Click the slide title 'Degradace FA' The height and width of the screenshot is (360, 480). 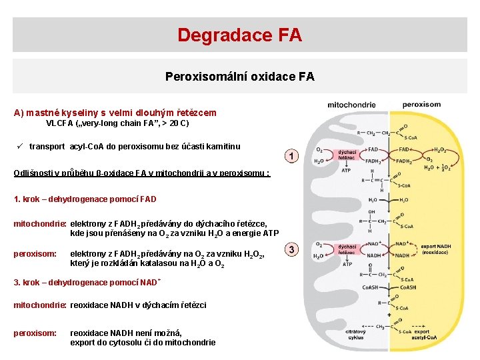click(x=239, y=35)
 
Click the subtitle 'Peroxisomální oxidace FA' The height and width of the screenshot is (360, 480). click(x=239, y=77)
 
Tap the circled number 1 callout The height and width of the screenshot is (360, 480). click(x=291, y=156)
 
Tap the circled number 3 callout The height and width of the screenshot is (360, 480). click(x=291, y=249)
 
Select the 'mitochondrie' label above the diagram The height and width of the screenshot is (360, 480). click(x=351, y=105)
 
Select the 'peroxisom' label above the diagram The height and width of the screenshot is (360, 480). click(x=421, y=105)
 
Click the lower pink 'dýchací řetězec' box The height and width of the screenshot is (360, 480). click(x=347, y=250)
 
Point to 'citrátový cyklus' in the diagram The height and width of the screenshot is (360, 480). click(x=355, y=333)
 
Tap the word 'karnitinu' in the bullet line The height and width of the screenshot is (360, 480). click(x=221, y=147)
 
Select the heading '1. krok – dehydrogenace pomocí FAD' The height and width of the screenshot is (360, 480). click(x=85, y=199)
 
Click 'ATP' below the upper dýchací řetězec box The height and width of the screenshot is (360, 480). click(x=346, y=170)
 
